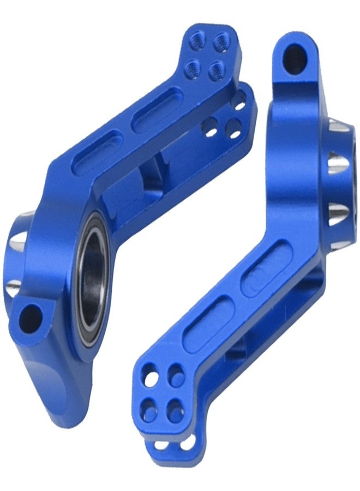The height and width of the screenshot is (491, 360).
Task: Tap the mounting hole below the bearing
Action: click(31, 314)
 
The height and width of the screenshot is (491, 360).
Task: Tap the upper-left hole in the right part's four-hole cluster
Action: click(148, 376)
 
